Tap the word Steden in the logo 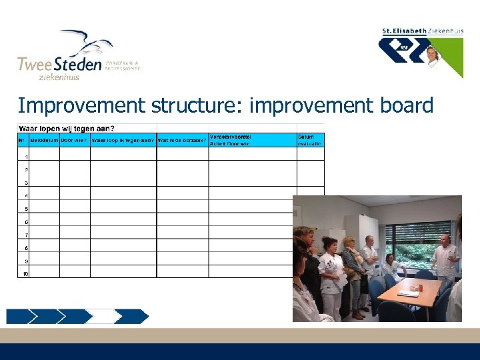[x=77, y=64]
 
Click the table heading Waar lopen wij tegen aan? [x=66, y=128]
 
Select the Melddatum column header [x=45, y=140]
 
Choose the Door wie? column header [x=75, y=140]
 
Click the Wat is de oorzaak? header [x=182, y=140]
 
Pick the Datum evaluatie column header [x=310, y=139]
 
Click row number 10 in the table [x=24, y=273]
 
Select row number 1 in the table [x=26, y=157]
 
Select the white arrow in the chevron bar [x=106, y=316]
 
